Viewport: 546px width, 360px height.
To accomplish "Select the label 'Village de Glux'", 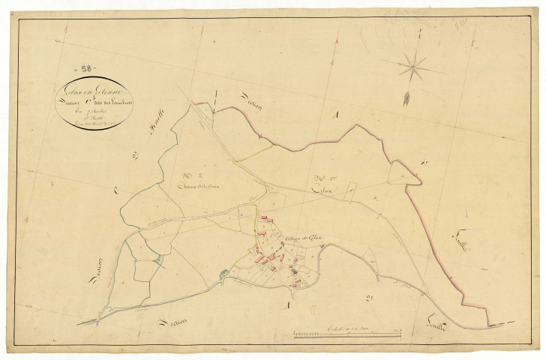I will click(302, 238).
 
